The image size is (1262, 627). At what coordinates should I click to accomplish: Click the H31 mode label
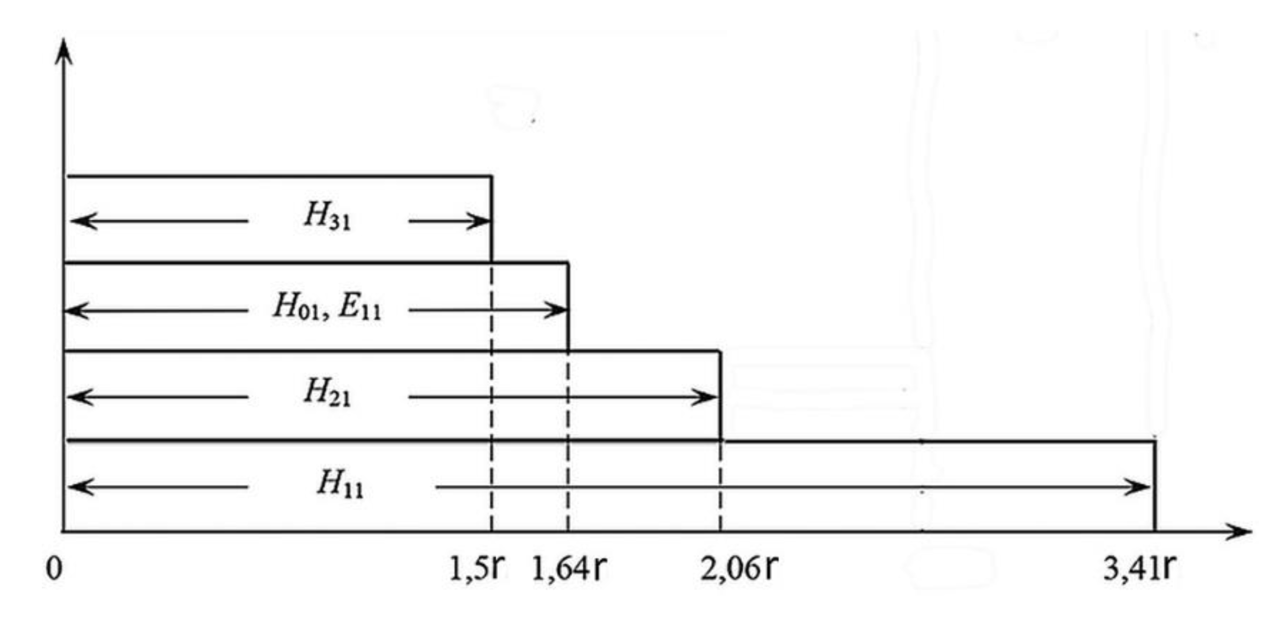tap(327, 216)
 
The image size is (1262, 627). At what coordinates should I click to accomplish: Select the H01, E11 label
tap(327, 306)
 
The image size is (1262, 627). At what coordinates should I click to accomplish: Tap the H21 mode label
tap(327, 392)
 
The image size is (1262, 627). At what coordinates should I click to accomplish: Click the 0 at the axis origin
tap(54, 568)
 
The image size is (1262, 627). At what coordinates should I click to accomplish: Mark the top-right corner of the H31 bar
tap(491, 177)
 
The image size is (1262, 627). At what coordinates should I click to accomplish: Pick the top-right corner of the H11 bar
tap(1155, 442)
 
